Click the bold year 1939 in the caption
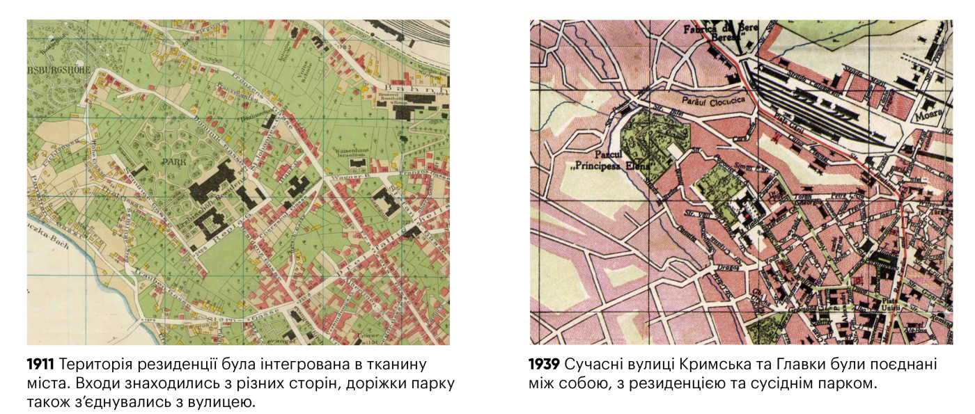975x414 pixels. (545, 365)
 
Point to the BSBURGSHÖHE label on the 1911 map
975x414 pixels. (54, 51)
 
